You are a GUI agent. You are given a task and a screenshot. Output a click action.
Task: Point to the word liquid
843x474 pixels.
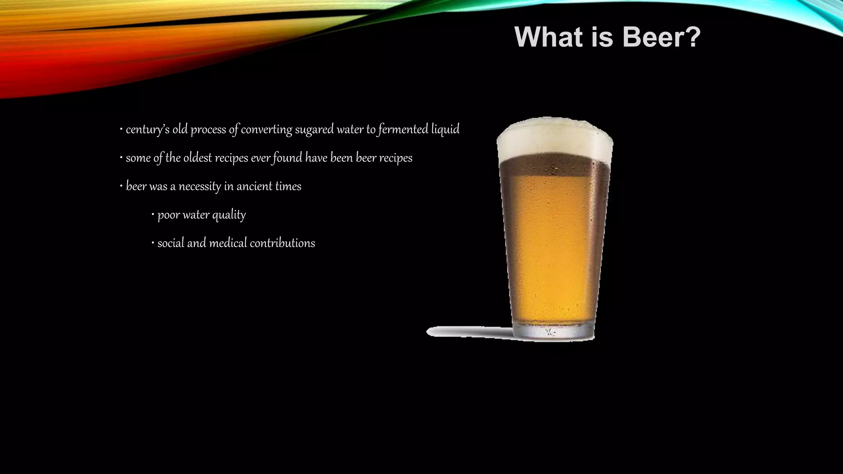[445, 130]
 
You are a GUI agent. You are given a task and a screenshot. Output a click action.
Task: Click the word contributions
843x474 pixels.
[282, 243]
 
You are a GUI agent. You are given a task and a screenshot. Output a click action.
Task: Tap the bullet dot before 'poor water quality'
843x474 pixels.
[153, 214]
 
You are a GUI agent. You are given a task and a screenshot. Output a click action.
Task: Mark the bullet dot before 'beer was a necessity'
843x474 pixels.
[121, 186]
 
